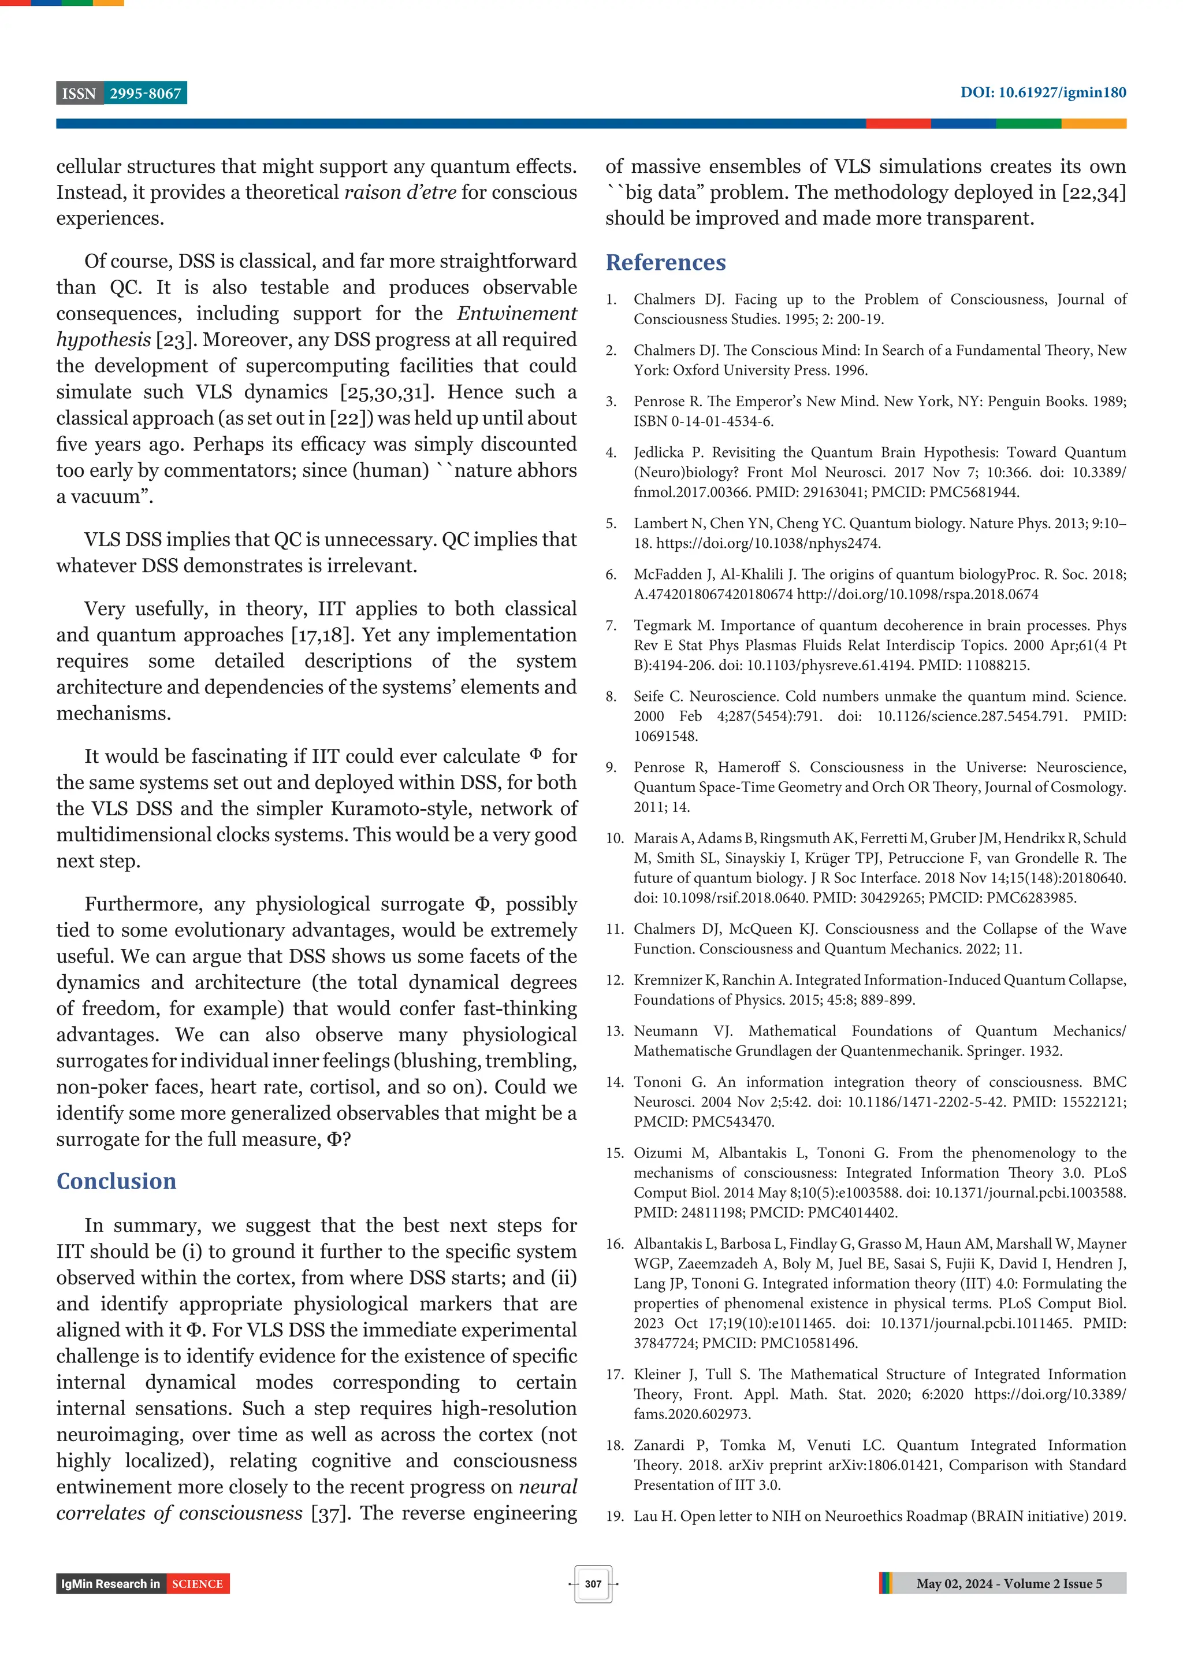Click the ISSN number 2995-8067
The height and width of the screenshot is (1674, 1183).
coord(145,94)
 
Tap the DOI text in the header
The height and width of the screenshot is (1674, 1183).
coord(1042,92)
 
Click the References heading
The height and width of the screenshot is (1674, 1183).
coord(665,262)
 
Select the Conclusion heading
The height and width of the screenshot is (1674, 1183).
coord(117,1181)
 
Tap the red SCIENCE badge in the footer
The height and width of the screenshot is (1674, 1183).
coord(198,1584)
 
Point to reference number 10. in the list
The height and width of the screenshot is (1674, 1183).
coord(615,838)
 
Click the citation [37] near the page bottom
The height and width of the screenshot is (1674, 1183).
coord(325,1513)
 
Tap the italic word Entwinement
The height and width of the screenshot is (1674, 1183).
coord(517,314)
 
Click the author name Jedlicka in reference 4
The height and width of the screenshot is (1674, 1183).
coord(660,453)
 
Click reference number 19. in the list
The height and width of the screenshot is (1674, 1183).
coord(615,1516)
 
